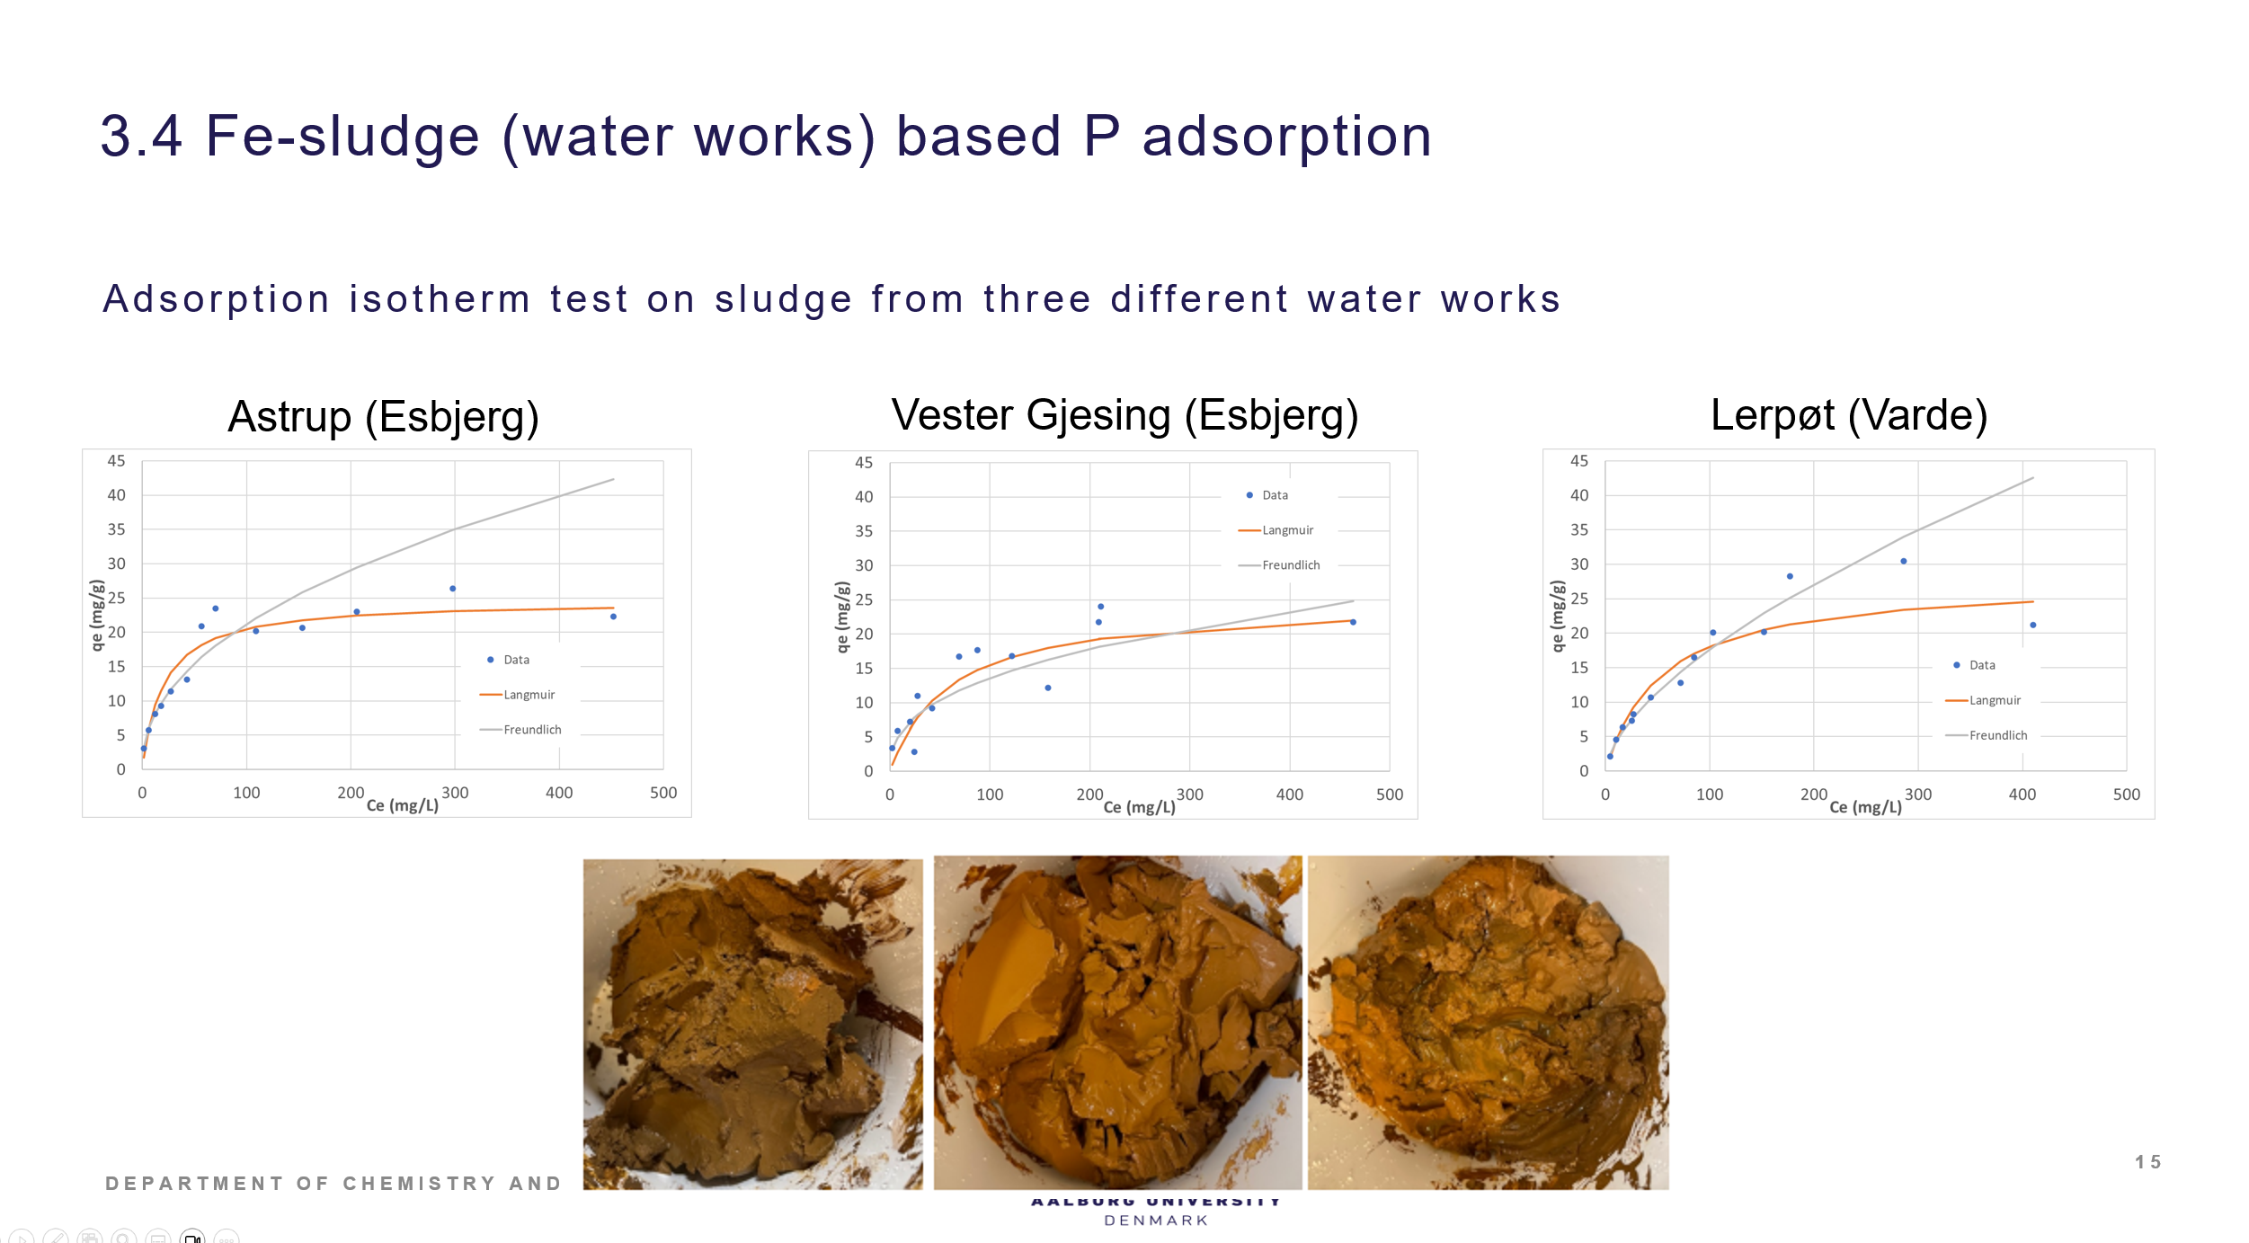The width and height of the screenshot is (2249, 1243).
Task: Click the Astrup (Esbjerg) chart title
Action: [x=383, y=417]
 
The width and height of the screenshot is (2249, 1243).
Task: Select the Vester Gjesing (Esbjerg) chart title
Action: [x=1124, y=415]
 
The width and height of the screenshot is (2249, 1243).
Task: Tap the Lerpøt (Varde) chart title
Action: [x=1848, y=415]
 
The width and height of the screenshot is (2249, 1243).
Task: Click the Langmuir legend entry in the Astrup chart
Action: [x=529, y=695]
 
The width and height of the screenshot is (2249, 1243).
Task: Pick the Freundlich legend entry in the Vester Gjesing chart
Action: [x=1290, y=565]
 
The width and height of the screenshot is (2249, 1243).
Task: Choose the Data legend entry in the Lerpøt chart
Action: [x=1981, y=665]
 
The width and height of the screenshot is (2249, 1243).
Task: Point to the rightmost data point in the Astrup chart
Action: [x=613, y=617]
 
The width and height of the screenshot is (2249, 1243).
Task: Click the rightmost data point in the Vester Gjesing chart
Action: [x=1353, y=622]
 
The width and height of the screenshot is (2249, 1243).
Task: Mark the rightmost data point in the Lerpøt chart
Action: [x=2032, y=625]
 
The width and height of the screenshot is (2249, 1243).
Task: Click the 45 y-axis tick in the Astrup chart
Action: [x=116, y=461]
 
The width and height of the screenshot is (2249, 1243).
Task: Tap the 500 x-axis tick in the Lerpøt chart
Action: [x=2126, y=795]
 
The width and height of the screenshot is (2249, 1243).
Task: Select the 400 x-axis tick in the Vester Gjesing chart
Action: [x=1289, y=795]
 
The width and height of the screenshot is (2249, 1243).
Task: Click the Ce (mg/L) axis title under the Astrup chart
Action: [x=403, y=805]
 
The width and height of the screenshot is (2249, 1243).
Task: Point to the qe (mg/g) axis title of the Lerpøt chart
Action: [x=1558, y=616]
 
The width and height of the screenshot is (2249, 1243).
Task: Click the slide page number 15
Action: [x=2147, y=1162]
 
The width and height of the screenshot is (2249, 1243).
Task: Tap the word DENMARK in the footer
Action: [x=1156, y=1221]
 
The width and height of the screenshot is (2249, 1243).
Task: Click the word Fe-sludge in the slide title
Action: [x=342, y=137]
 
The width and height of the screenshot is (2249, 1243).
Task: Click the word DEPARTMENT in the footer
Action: [x=194, y=1184]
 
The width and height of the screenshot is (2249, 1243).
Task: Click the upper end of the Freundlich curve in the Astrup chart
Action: [x=613, y=479]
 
